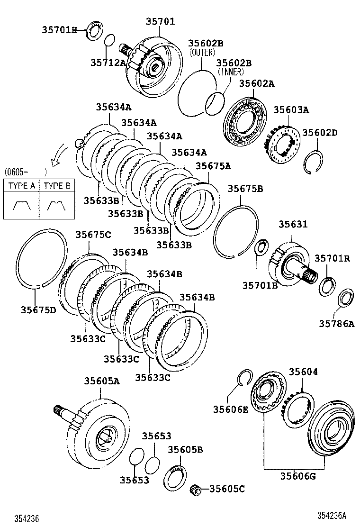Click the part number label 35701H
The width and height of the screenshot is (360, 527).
click(58, 30)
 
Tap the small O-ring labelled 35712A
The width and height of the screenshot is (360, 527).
click(109, 40)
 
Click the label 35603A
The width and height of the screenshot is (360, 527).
click(291, 110)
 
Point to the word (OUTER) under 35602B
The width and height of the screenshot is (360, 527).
click(202, 53)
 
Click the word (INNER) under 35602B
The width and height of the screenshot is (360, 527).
click(231, 72)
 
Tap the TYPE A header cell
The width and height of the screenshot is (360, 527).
click(21, 186)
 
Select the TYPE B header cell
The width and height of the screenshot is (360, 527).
click(57, 186)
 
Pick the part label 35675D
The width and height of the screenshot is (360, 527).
click(38, 310)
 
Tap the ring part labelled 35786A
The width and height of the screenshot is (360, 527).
click(346, 298)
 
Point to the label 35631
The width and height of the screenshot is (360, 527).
click(292, 224)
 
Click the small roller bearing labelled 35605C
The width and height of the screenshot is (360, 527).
click(195, 489)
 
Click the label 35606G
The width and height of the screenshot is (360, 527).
click(297, 477)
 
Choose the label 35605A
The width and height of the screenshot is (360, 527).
click(102, 381)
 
